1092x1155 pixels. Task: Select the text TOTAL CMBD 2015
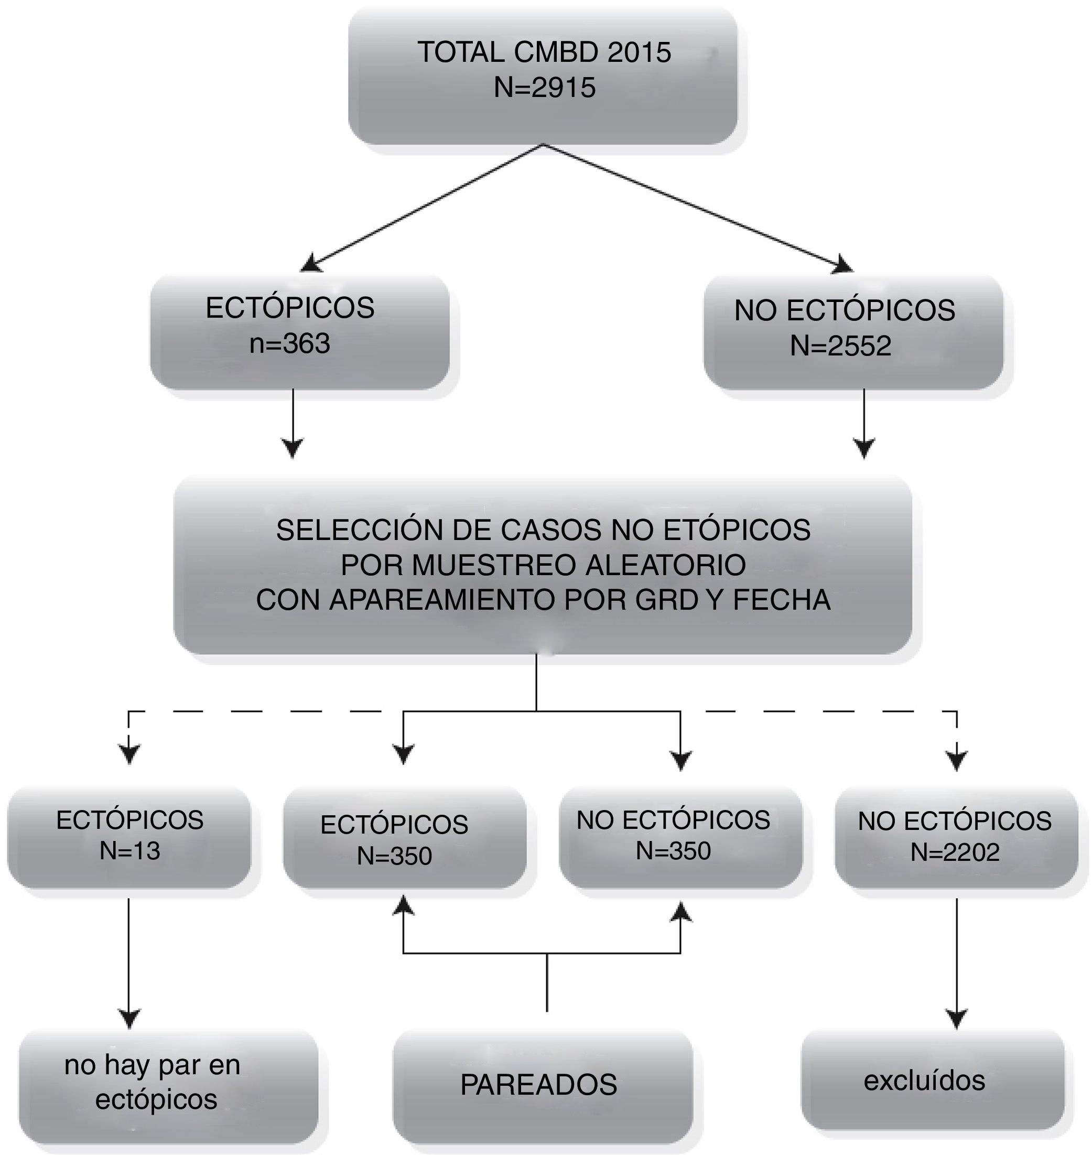544,52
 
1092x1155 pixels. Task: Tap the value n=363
289,343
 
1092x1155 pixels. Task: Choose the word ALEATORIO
665,565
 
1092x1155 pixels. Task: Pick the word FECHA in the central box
781,600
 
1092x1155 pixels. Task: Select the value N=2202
955,852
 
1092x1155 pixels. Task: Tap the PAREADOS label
538,1085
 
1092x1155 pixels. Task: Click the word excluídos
924,1081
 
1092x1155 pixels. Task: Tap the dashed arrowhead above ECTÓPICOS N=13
129,754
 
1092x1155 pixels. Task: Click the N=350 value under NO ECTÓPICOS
673,851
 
